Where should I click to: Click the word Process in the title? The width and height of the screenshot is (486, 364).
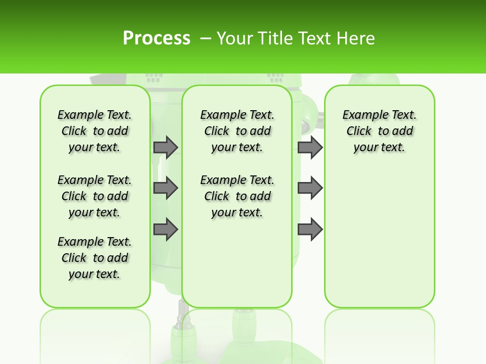click(156, 38)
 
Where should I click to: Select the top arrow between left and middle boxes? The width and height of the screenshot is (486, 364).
click(166, 147)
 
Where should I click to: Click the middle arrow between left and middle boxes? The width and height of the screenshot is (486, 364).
click(166, 188)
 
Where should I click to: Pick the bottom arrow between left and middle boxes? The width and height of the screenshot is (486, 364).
click(166, 229)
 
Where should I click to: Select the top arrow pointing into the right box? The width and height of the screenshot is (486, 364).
click(310, 147)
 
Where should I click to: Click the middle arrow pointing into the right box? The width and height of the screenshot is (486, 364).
click(310, 188)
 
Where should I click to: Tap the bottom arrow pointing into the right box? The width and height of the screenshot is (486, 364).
click(310, 229)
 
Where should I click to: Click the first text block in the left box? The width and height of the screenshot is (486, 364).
click(95, 131)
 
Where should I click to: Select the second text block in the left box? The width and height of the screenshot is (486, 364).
click(95, 196)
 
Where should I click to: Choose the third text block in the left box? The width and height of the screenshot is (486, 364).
click(95, 258)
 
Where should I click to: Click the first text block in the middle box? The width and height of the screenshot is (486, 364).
click(237, 131)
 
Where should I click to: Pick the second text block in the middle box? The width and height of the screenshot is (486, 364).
click(237, 196)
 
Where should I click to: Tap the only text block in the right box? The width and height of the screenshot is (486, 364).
click(380, 131)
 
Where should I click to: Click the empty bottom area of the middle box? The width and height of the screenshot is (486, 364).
click(237, 268)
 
